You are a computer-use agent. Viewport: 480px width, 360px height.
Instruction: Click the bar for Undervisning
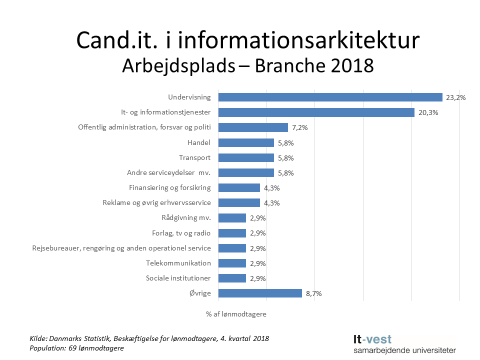coord(330,97)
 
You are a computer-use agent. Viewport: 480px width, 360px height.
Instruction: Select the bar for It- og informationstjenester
coord(316,112)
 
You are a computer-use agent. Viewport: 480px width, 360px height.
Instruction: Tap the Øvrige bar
coord(260,293)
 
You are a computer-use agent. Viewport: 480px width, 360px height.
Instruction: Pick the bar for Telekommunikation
coord(232,263)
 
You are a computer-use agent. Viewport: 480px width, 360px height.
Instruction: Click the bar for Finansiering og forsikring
coord(239,188)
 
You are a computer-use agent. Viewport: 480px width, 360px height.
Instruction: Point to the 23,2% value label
coord(455,98)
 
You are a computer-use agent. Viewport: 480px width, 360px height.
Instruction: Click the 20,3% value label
coord(427,113)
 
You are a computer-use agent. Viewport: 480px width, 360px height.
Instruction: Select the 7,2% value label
coord(299,128)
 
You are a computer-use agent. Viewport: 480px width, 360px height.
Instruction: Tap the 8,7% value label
coord(313,294)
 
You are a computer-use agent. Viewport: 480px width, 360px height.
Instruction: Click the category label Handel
coord(199,142)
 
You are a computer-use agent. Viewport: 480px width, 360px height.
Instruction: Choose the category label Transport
coord(194,157)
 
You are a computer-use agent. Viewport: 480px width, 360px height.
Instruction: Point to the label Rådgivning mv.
coord(186,218)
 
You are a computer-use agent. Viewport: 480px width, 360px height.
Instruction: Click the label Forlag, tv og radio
coord(181,233)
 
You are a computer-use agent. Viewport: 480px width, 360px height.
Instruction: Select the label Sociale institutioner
coord(178,278)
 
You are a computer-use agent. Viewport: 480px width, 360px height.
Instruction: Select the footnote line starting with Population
coord(76,348)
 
